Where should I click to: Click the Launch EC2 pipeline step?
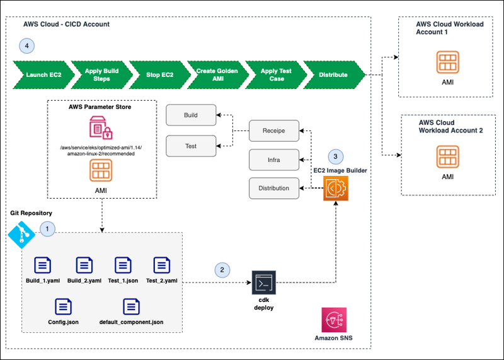point(39,74)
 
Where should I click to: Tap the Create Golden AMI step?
point(216,74)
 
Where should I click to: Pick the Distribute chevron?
point(333,74)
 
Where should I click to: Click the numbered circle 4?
point(26,45)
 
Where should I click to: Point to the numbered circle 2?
point(221,270)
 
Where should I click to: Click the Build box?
point(191,115)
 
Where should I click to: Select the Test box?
point(191,146)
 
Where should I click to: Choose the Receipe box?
point(273,131)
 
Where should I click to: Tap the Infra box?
point(273,160)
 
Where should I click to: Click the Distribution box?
point(273,188)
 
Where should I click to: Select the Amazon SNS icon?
point(333,320)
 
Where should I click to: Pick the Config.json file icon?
point(63,307)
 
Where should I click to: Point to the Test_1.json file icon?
point(123,265)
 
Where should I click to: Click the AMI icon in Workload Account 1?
point(446,63)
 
